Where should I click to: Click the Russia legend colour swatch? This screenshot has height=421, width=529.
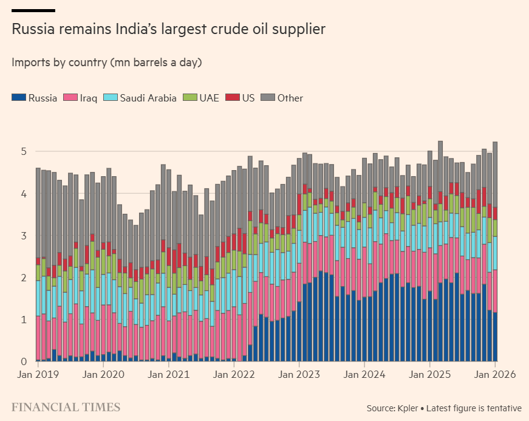(x=18, y=98)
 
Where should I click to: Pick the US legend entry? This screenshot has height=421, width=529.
(x=240, y=98)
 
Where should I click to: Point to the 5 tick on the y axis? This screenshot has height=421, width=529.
(x=24, y=151)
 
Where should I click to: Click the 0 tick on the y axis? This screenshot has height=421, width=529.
(x=24, y=362)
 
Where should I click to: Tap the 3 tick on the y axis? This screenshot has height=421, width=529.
(x=24, y=236)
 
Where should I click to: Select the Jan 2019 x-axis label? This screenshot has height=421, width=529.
(x=38, y=375)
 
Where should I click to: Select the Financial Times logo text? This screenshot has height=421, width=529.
(x=66, y=407)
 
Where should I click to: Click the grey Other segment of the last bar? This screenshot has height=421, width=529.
(x=496, y=173)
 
